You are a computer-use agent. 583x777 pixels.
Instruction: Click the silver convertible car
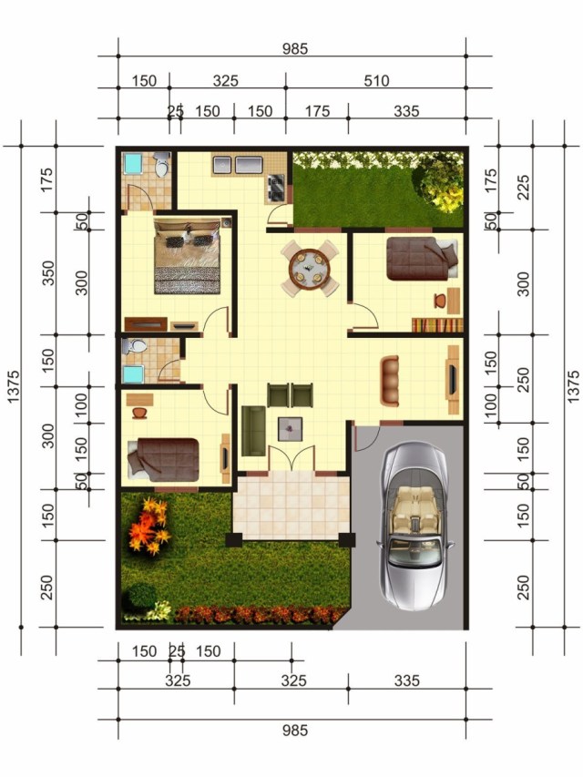point(415,527)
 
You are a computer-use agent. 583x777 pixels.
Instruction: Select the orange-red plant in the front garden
point(148,527)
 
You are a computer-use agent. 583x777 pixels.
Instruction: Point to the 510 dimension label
point(376,80)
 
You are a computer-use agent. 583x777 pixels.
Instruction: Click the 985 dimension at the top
point(295,48)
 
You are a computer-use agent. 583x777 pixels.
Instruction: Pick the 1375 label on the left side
point(13,386)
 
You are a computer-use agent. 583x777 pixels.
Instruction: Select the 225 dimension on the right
point(523,187)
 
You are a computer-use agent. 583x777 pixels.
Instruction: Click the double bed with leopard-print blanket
point(187,257)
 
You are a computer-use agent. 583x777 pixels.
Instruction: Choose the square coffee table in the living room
point(290,429)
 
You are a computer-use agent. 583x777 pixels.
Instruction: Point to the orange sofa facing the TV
point(390,381)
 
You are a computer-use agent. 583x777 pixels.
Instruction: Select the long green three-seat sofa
point(253,431)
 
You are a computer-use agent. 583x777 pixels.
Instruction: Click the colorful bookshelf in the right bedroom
point(436,325)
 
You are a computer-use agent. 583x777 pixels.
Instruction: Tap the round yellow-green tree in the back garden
point(439,183)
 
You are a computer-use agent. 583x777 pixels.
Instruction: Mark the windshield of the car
point(414,551)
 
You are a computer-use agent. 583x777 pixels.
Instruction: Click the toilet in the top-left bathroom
point(161,165)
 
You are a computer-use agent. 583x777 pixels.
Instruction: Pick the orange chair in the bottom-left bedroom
point(139,412)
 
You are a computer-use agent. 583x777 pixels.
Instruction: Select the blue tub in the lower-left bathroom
point(133,374)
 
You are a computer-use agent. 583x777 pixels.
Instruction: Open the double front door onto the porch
point(291,458)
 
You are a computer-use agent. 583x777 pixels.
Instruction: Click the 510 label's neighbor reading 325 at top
point(226,80)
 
